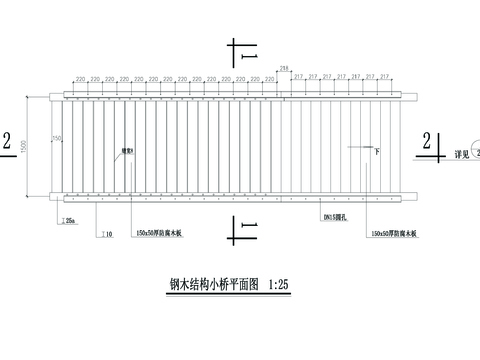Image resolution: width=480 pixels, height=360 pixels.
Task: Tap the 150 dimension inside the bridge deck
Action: [57, 137]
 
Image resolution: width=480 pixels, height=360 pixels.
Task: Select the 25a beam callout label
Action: [70, 219]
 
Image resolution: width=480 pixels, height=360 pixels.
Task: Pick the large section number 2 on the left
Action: [8, 144]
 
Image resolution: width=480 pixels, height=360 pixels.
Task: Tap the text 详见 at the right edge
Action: [461, 155]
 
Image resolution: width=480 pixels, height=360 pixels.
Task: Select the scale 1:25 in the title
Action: [280, 284]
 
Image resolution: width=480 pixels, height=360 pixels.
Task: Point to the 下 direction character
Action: [377, 150]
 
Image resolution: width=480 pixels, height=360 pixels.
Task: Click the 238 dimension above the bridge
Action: [285, 67]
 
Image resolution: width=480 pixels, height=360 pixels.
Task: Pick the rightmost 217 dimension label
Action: [385, 77]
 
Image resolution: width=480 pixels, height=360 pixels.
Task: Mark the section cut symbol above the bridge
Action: [240, 54]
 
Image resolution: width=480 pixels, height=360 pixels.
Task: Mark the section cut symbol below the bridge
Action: [241, 231]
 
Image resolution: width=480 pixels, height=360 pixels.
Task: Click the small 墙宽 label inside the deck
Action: [127, 151]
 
